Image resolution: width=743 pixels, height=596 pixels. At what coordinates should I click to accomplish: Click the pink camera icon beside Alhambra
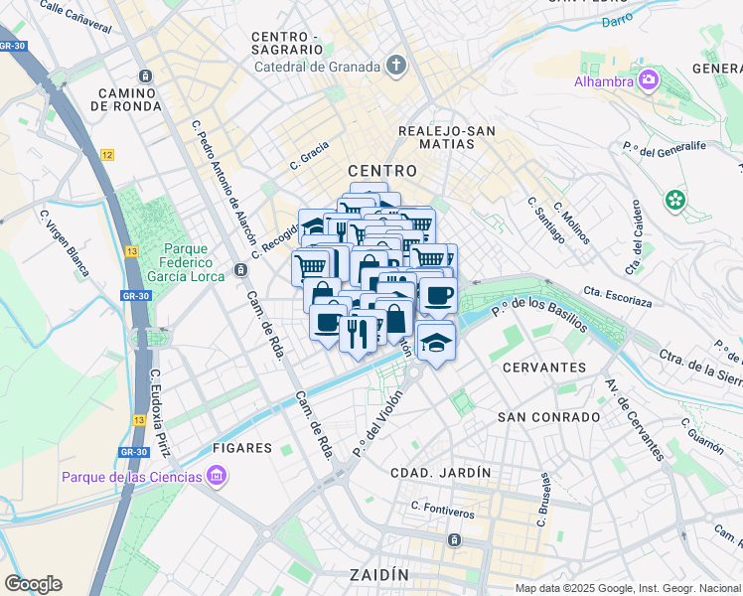649,79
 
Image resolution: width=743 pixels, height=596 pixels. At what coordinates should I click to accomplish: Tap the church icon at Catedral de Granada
396,67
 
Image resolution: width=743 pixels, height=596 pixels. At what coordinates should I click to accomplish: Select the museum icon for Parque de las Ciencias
215,477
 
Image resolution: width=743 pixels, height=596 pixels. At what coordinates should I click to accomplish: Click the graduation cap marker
435,341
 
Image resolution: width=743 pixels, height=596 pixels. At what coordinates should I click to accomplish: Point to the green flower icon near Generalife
676,200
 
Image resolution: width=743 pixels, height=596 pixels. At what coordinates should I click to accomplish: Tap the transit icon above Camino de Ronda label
146,76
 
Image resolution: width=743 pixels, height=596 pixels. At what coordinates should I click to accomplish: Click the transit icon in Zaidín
454,539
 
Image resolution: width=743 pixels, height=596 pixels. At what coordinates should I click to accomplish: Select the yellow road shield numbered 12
107,155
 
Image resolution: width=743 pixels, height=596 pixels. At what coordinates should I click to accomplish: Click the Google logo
33,584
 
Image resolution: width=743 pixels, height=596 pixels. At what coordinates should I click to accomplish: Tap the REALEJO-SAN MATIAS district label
446,138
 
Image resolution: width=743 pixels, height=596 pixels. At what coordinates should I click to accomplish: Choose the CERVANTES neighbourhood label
544,368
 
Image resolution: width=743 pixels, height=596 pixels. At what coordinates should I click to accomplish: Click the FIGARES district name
240,448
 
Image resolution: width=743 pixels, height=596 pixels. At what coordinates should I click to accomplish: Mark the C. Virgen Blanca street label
64,241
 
